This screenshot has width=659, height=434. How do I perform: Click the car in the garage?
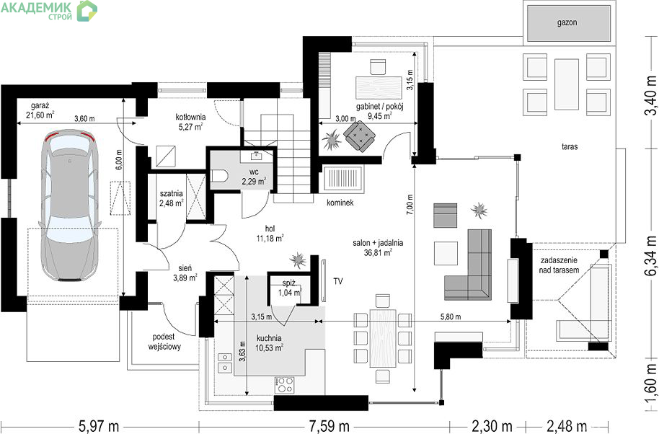[70, 205]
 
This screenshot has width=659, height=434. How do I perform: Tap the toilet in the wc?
[219, 176]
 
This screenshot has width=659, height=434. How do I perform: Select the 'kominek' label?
[340, 203]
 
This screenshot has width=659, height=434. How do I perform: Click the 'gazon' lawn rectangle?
[567, 22]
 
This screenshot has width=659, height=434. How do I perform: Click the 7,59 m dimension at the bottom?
[329, 427]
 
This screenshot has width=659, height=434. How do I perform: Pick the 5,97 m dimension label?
[99, 427]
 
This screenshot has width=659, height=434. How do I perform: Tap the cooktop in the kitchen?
[285, 385]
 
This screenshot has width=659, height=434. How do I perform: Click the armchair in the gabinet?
[359, 136]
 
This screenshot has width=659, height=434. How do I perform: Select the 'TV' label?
[338, 281]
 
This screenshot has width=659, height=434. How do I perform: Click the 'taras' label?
[570, 146]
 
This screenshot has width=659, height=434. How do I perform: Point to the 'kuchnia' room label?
[269, 338]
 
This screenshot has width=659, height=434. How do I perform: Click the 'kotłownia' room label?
[190, 117]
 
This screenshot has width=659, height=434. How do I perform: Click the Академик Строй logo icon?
[87, 11]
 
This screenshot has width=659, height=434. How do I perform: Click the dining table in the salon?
[383, 338]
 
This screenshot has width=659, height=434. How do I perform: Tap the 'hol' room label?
[270, 229]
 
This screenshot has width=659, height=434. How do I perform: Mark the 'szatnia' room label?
[172, 194]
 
